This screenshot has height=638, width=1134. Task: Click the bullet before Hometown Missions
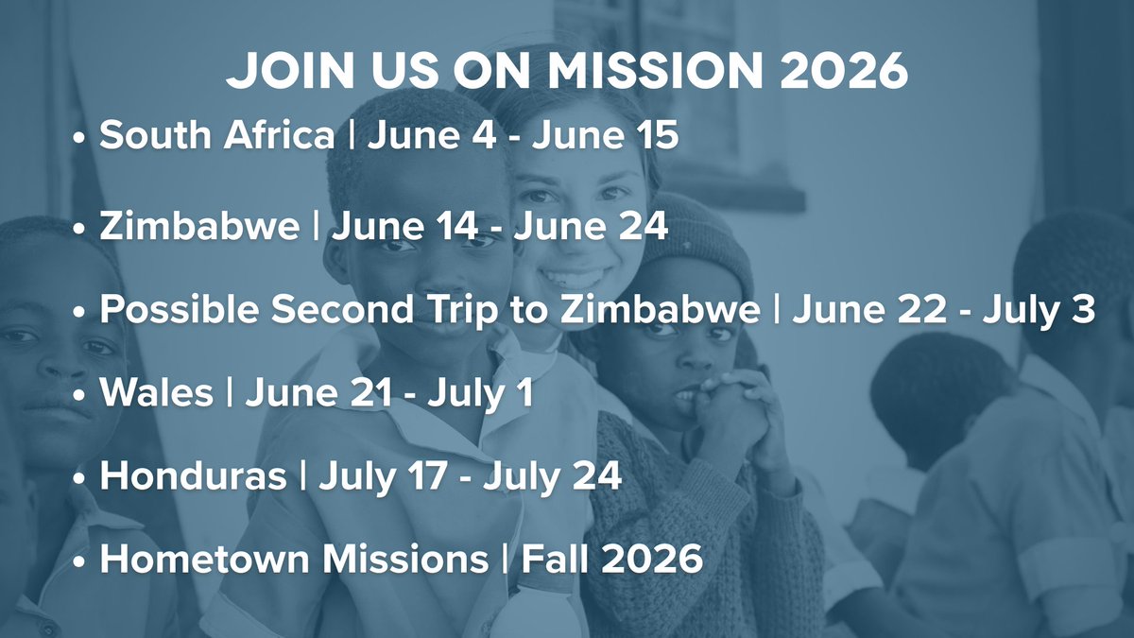tap(80, 560)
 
